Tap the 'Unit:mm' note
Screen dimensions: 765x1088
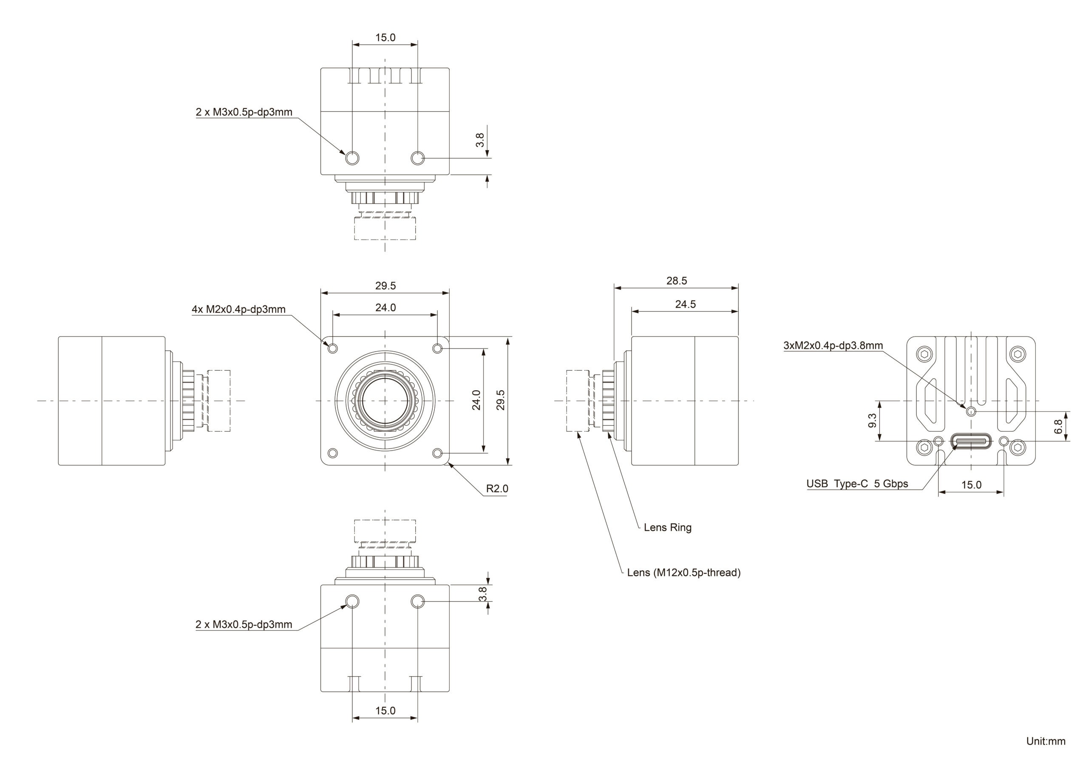click(1045, 741)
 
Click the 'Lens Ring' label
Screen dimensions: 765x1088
click(667, 527)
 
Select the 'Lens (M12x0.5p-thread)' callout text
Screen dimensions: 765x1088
click(683, 572)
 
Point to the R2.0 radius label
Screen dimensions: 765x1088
click(497, 489)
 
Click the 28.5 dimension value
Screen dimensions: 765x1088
click(676, 280)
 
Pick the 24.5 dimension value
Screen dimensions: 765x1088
click(685, 304)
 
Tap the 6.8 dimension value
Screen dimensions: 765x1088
click(1058, 427)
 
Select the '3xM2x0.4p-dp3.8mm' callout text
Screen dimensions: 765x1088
click(833, 346)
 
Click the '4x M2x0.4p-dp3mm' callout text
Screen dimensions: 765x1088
click(238, 309)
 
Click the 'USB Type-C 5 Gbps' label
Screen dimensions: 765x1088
click(857, 484)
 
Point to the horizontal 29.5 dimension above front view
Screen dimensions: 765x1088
click(385, 286)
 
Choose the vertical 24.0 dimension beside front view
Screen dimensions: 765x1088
click(477, 399)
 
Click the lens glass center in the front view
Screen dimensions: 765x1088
click(384, 400)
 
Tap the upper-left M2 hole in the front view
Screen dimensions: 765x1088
click(333, 349)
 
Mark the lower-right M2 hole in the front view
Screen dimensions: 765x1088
click(437, 453)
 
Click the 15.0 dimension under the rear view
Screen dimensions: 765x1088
click(971, 485)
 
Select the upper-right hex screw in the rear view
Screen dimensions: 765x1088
click(1018, 354)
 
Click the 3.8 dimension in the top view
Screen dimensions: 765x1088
click(480, 140)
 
